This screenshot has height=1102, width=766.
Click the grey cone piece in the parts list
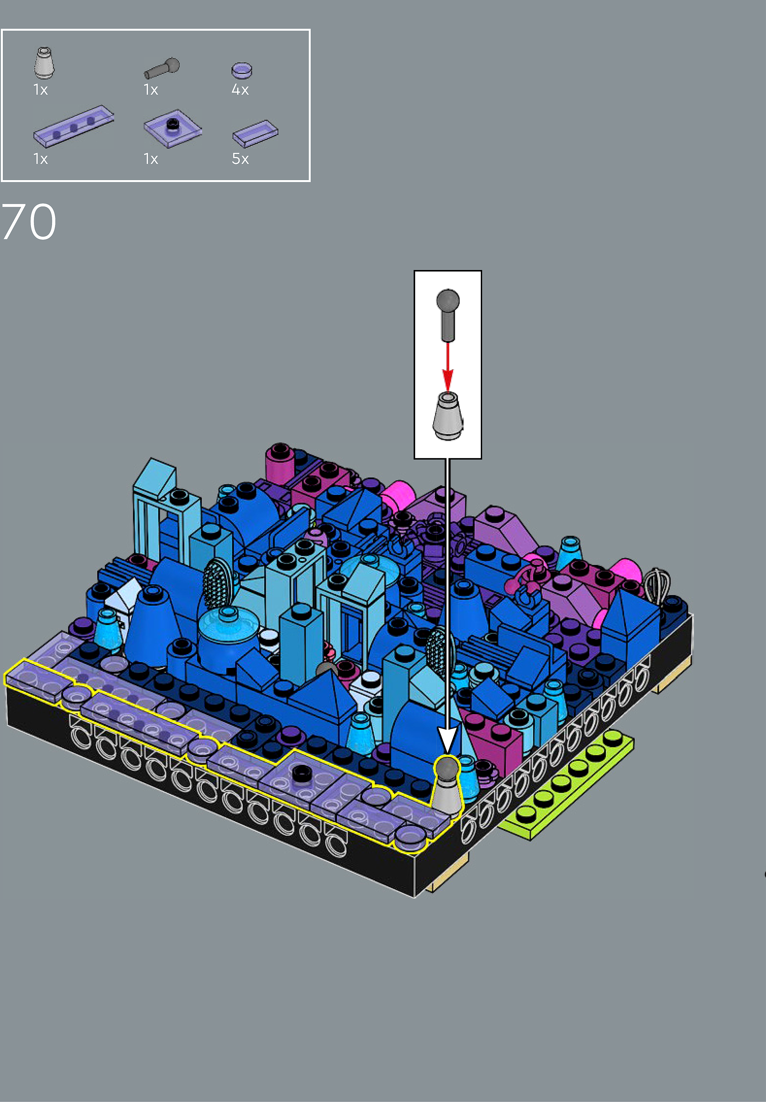[44, 63]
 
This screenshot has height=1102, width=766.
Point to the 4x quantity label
[240, 90]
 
